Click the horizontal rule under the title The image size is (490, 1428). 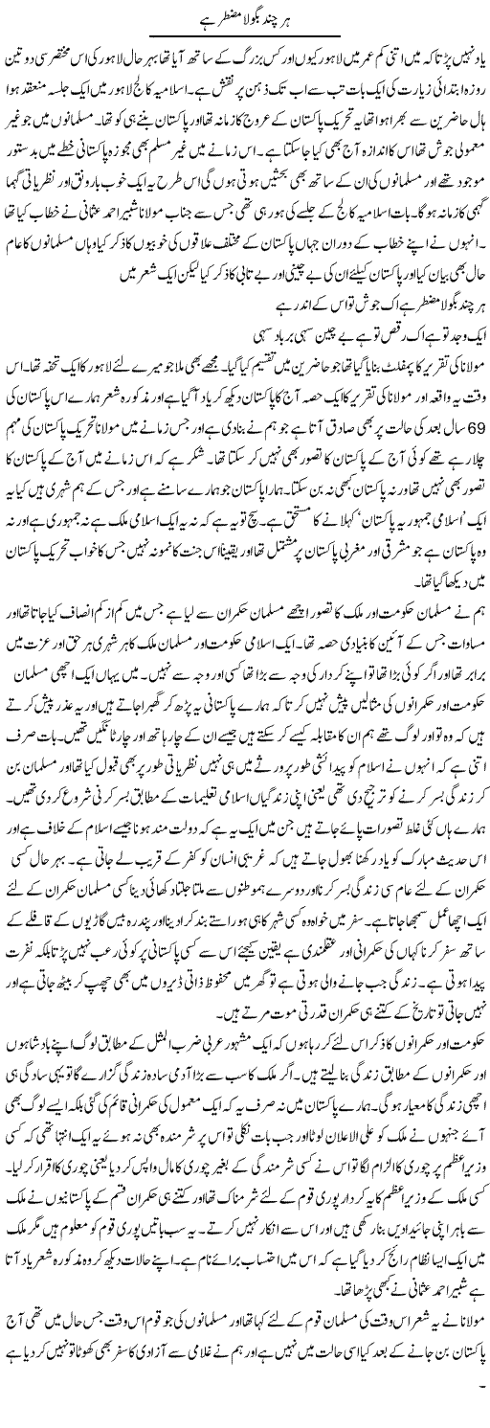(x=245, y=41)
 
